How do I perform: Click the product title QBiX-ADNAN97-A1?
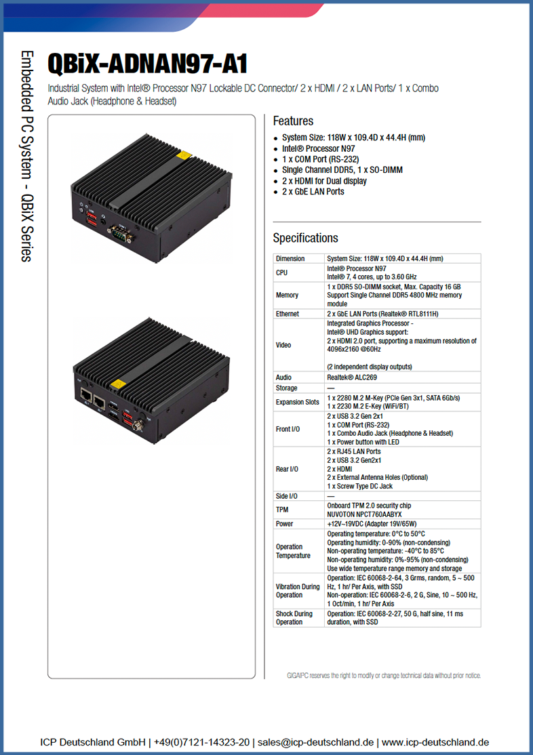(x=147, y=64)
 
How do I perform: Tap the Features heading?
(x=293, y=121)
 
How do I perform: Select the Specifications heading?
(x=306, y=238)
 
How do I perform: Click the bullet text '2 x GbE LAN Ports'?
(x=313, y=192)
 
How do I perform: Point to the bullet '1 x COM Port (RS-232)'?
(x=321, y=159)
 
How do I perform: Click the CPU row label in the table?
(x=281, y=272)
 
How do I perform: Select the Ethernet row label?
(x=288, y=314)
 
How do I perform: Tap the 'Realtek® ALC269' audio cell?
(x=352, y=377)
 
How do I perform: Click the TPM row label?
(x=282, y=510)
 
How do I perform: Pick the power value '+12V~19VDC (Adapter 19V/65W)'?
(x=372, y=524)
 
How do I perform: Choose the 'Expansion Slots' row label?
(x=297, y=402)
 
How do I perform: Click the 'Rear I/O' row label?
(x=287, y=469)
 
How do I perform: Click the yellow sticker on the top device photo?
(x=184, y=155)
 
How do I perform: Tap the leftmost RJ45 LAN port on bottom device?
(x=85, y=396)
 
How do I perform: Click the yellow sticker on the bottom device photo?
(x=118, y=384)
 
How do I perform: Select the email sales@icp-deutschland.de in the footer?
(x=315, y=742)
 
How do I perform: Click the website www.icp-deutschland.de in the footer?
(x=435, y=742)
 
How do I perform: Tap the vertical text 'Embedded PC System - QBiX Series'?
(x=27, y=156)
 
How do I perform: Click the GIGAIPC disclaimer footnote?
(x=384, y=676)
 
